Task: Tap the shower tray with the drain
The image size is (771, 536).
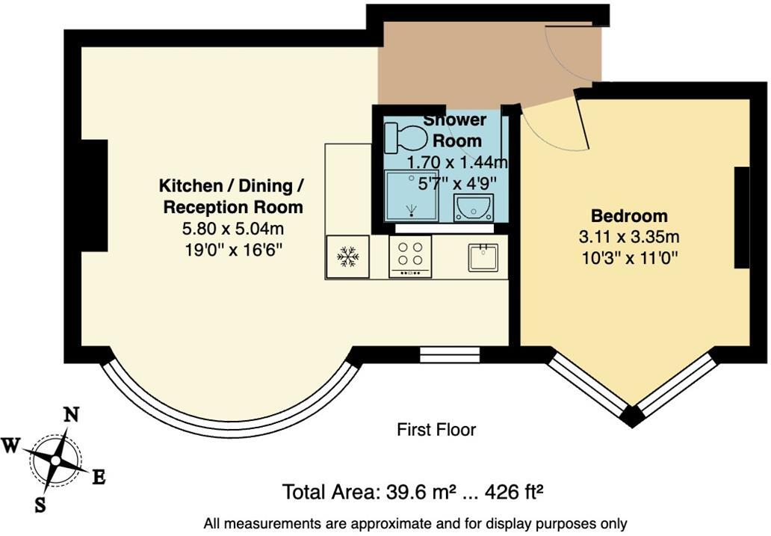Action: coord(411,196)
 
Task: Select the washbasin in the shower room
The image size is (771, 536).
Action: coord(472,207)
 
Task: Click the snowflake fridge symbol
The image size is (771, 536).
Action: coord(347,256)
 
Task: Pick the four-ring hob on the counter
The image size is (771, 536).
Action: coord(410,256)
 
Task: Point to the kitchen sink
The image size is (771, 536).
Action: coord(484,257)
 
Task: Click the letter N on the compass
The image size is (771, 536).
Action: coord(72,416)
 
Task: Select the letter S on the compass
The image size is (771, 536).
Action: coord(40,505)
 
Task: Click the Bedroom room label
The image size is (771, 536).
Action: coord(629,217)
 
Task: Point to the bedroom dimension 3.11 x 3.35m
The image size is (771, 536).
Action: coord(629,238)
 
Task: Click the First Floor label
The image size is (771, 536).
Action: coord(436,430)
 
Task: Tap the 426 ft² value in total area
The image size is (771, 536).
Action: coord(514,493)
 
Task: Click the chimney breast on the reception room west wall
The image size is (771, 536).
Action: coord(95,195)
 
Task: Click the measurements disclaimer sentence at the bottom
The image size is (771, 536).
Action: coord(415,523)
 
